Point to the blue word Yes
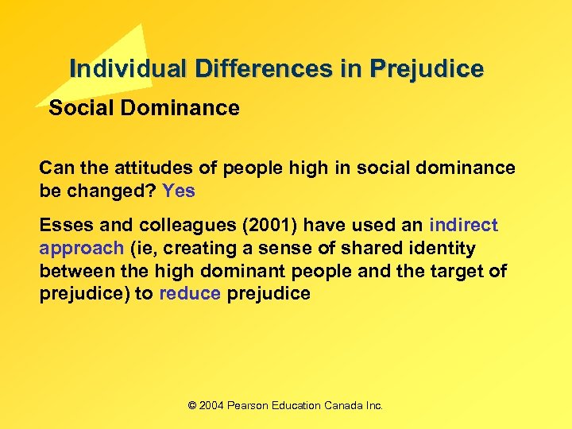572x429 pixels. [179, 191]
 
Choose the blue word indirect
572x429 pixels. [464, 226]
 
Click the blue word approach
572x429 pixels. [81, 249]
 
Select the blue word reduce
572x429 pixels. [190, 293]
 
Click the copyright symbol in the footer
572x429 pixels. [191, 405]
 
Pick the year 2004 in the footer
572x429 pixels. [211, 405]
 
